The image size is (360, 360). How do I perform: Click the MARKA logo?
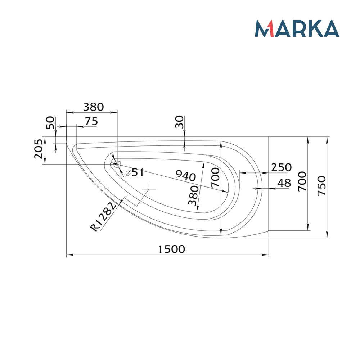coord(297,29)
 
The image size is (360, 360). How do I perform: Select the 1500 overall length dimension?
coord(171,249)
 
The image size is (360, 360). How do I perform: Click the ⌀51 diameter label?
coord(135,172)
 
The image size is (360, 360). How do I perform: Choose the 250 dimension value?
coord(281,167)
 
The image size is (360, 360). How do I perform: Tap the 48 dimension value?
coord(284,183)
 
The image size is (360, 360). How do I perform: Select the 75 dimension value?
coord(91,122)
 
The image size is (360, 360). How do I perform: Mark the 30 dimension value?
coord(180,122)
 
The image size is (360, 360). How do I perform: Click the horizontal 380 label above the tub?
coord(93,107)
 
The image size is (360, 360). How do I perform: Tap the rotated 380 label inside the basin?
coord(194,195)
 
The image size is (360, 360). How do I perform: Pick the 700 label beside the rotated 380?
coord(216,177)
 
